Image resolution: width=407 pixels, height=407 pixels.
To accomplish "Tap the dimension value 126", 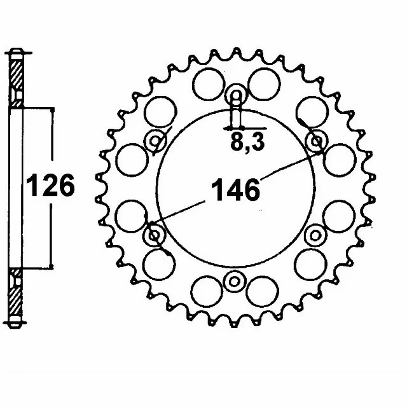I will click(x=50, y=186).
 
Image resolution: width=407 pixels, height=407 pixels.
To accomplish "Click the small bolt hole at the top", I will click(x=235, y=97).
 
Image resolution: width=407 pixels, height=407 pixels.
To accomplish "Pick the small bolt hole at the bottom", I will click(x=235, y=280).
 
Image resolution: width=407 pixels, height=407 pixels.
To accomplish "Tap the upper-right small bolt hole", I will click(x=316, y=141).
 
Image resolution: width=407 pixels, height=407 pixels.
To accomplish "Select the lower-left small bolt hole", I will click(x=155, y=236).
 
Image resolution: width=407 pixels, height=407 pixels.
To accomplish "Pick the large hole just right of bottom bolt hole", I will click(x=261, y=291).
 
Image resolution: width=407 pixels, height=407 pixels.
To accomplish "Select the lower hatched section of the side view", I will click(x=17, y=296).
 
